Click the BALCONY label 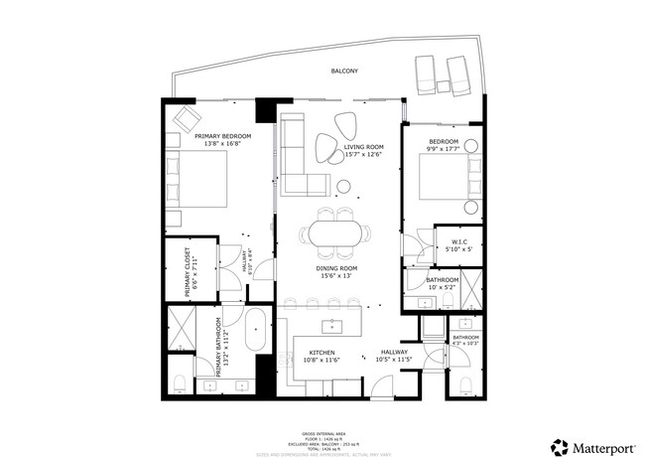pyautogui.click(x=344, y=72)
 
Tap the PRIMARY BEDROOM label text pyautogui.click(x=222, y=136)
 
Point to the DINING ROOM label pyautogui.click(x=338, y=268)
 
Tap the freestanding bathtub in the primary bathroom pyautogui.click(x=255, y=331)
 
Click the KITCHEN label pyautogui.click(x=321, y=353)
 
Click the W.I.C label pyautogui.click(x=459, y=241)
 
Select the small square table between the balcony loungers pyautogui.click(x=442, y=85)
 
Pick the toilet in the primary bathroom pyautogui.click(x=180, y=383)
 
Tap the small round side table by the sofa pyautogui.click(x=343, y=186)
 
